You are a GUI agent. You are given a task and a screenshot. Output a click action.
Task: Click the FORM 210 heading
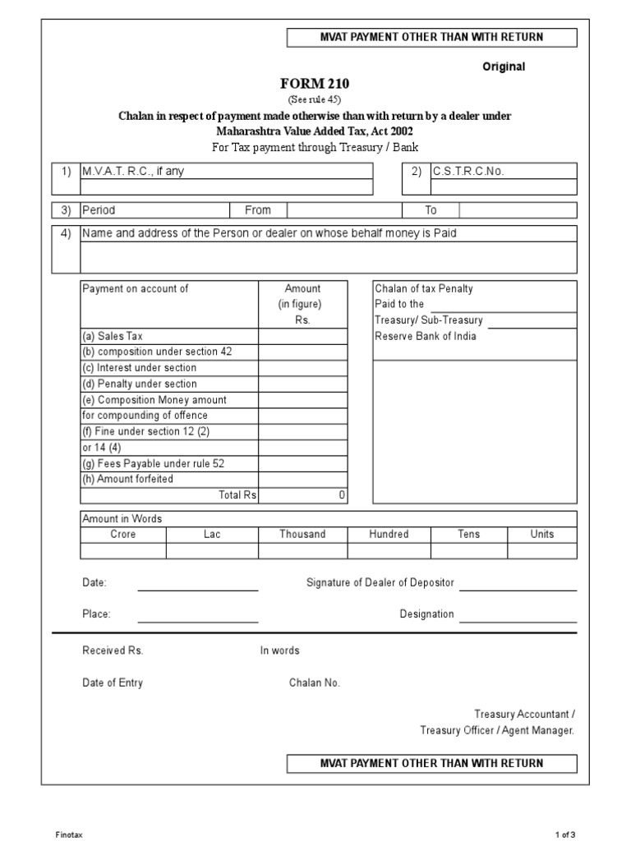315,84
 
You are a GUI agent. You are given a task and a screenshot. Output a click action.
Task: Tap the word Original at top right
503,67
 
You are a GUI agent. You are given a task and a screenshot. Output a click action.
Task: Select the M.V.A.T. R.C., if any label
132,172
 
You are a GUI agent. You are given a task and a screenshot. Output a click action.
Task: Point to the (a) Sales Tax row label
113,337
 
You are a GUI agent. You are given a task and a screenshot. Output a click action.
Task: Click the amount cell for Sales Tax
303,337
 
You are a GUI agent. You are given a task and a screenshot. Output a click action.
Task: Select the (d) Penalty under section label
140,384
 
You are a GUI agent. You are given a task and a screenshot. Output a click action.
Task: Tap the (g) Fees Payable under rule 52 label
153,463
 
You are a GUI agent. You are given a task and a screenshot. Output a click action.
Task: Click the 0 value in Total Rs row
342,495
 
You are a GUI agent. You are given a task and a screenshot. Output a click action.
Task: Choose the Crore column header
123,535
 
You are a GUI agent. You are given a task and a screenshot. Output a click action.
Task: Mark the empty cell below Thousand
302,550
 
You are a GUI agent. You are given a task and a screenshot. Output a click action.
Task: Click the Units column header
541,535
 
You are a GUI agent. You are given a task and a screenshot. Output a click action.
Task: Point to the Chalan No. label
314,682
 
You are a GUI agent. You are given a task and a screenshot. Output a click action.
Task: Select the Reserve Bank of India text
425,336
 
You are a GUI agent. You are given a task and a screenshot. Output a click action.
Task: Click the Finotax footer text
69,834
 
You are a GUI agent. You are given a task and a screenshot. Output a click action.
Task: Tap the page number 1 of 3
566,834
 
